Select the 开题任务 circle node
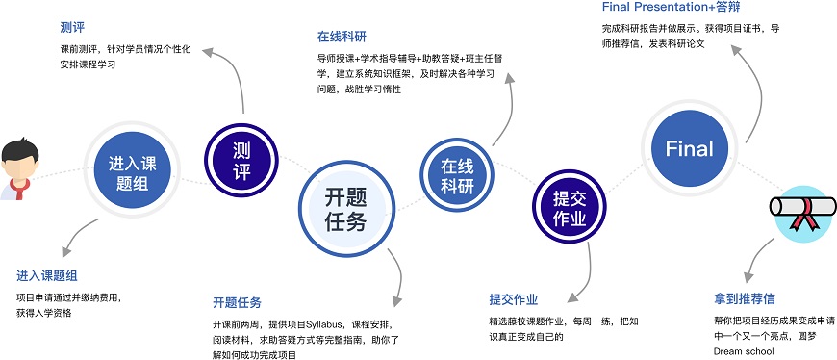[345, 208]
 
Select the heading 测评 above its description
[71, 27]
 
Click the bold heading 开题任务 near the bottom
[237, 301]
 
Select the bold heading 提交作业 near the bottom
[514, 298]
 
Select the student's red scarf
[21, 183]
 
